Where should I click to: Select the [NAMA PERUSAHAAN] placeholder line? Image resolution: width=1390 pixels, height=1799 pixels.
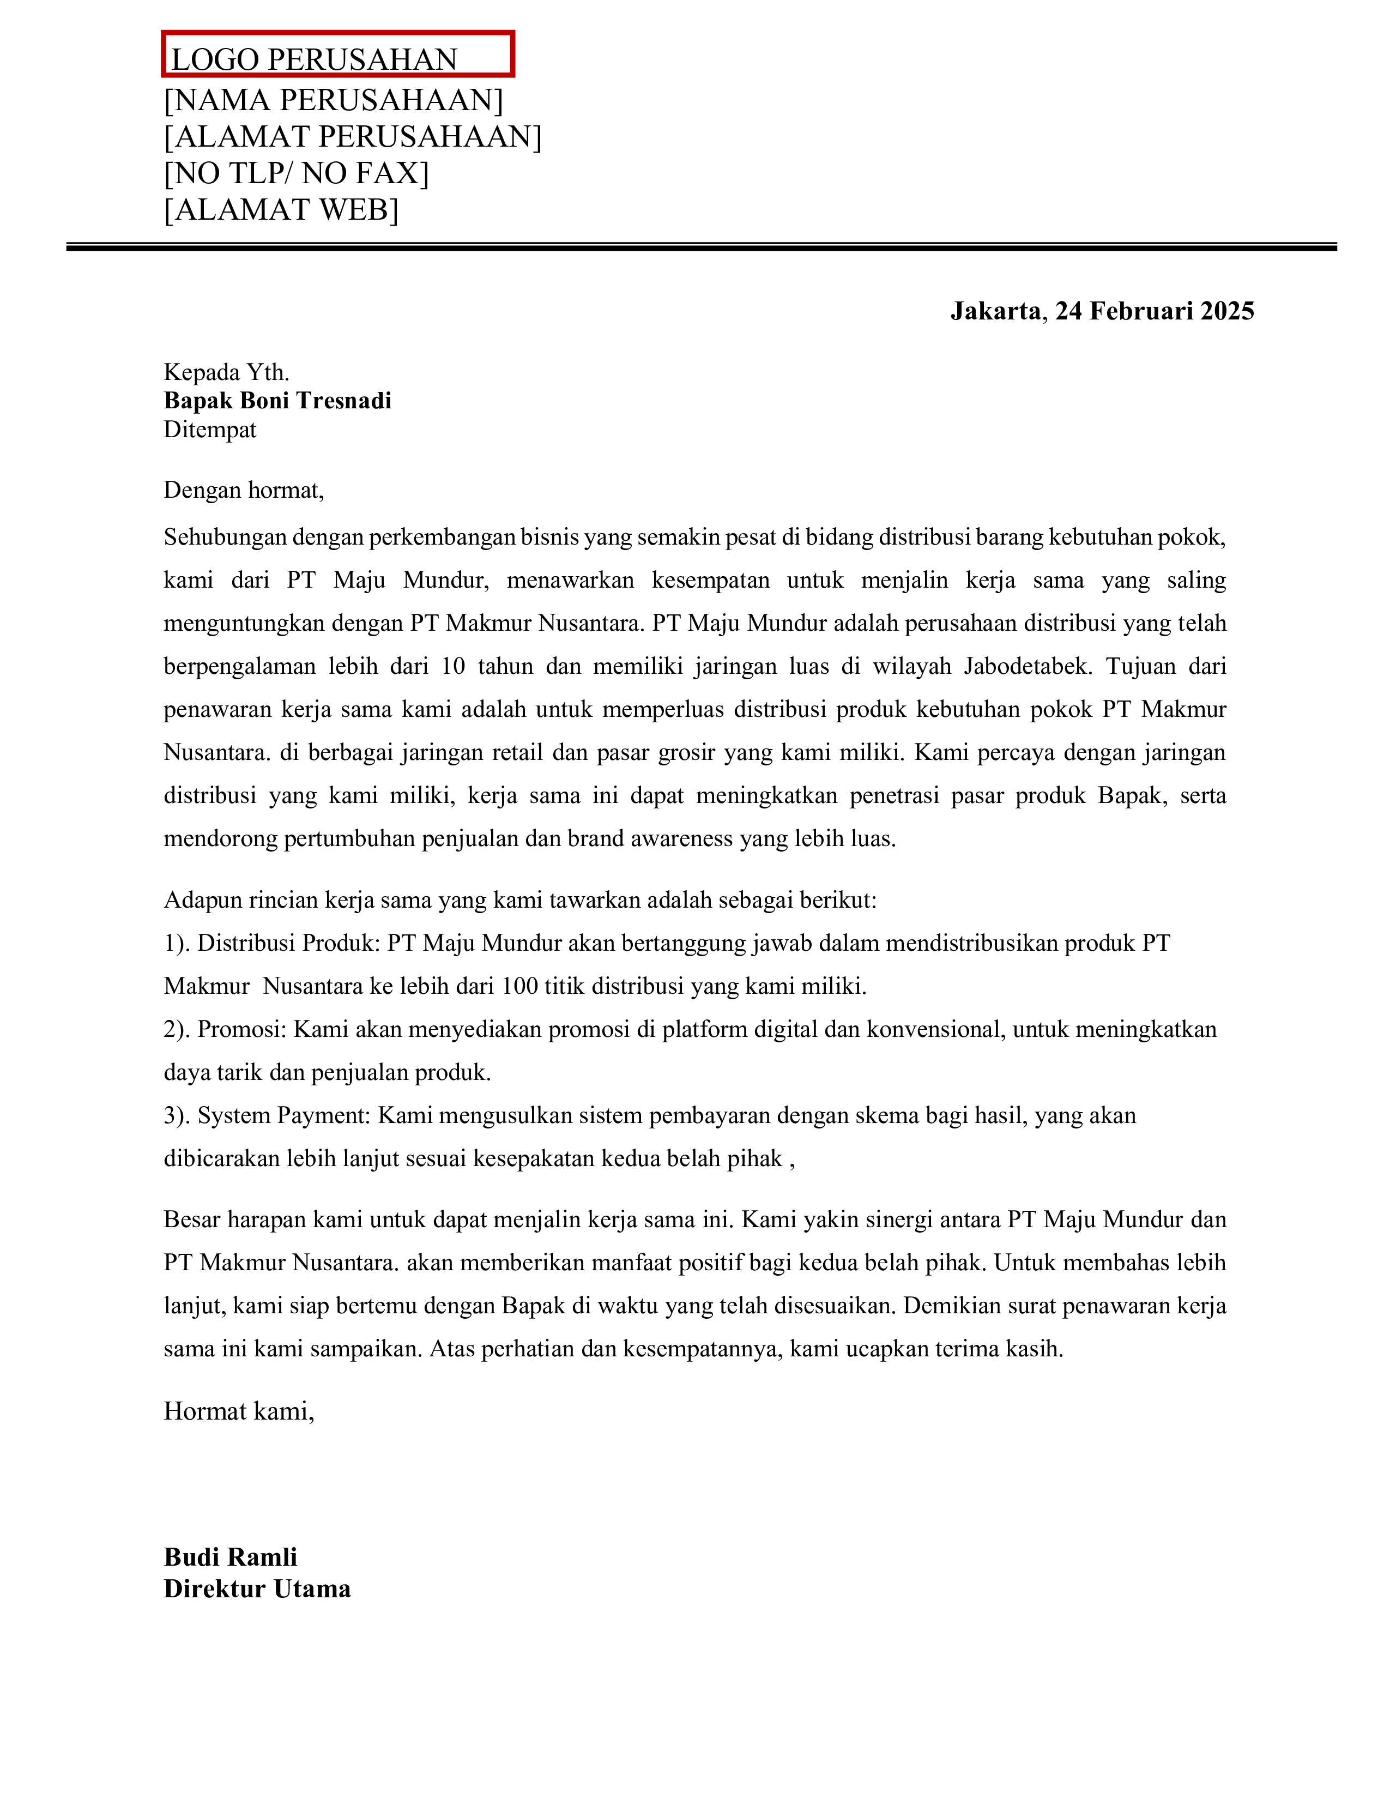pos(334,100)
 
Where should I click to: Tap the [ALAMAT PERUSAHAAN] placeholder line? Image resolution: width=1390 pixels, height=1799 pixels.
pos(353,136)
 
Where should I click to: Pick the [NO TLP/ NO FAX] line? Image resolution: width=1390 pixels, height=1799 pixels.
pos(297,173)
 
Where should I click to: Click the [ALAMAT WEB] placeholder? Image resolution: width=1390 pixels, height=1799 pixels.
pos(281,210)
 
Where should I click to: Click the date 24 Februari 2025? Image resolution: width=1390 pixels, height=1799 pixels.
pos(1155,311)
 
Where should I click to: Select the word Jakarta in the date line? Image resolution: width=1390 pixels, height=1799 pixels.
pos(995,311)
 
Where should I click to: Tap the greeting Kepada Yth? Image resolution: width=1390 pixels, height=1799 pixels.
pos(226,372)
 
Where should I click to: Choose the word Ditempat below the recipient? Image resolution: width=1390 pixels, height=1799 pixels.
pos(210,429)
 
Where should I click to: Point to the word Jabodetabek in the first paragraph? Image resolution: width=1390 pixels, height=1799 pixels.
pos(1029,666)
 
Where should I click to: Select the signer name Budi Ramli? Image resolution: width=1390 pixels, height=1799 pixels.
pos(231,1557)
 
